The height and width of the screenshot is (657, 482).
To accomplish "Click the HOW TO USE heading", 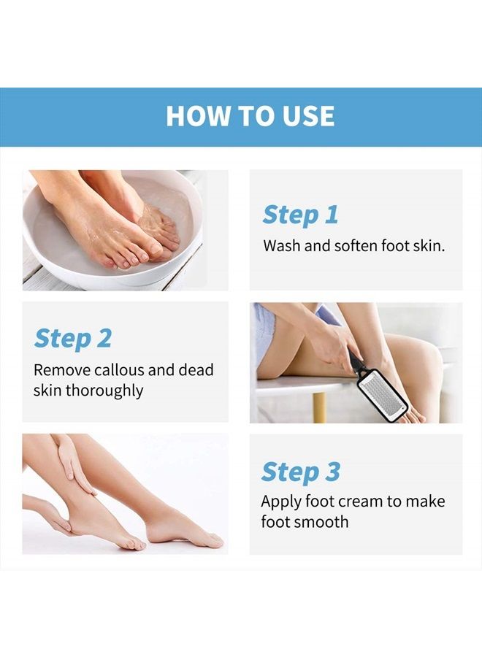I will [x=250, y=116].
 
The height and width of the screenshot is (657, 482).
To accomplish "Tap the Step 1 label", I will [x=300, y=215].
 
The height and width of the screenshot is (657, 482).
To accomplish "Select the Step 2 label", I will [x=73, y=339].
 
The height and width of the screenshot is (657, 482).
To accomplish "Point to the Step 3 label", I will [x=301, y=472].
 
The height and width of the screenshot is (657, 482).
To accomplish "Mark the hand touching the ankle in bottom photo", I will [x=73, y=467].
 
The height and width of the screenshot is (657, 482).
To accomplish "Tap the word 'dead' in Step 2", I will [x=196, y=370].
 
